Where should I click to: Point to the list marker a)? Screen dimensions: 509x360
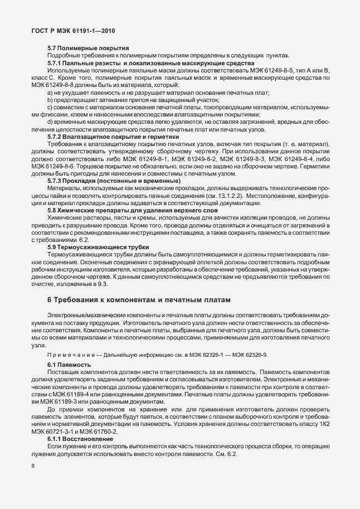[x=50, y=92]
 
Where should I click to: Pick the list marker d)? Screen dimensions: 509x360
[x=50, y=122]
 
